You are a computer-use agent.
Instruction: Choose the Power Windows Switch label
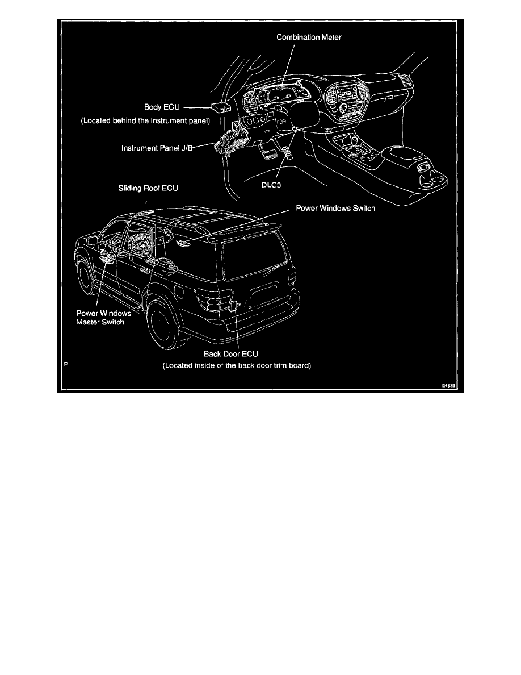pyautogui.click(x=335, y=209)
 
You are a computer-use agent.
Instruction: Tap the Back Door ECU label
pyautogui.click(x=231, y=353)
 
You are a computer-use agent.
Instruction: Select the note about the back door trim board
pyautogui.click(x=237, y=366)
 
